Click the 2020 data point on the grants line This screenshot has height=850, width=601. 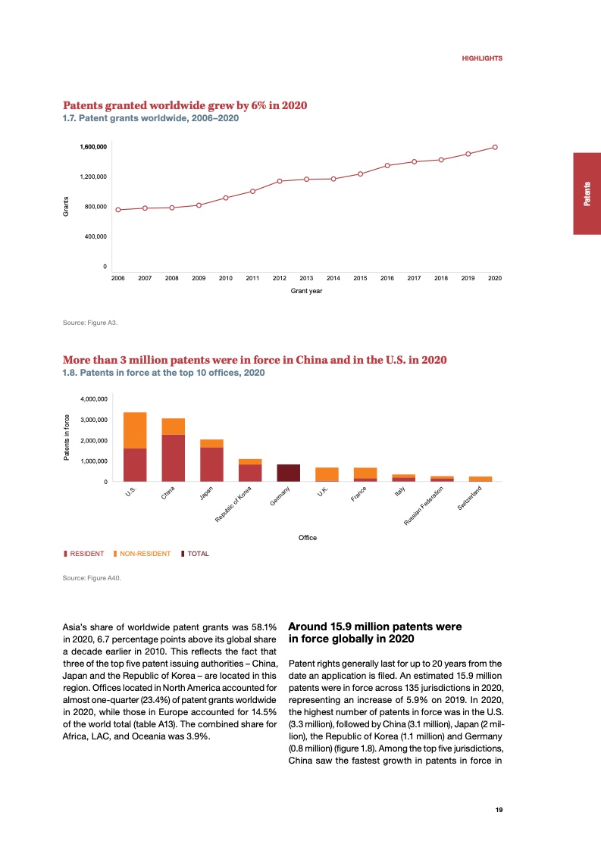click(x=495, y=147)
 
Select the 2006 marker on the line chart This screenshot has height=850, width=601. click(x=118, y=210)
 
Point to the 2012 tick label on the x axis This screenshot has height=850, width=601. click(x=279, y=279)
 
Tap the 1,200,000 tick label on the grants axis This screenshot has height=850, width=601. click(x=92, y=177)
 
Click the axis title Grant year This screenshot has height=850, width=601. click(x=306, y=291)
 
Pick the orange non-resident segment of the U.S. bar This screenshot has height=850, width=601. click(x=135, y=430)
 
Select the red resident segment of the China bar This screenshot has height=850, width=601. click(x=173, y=458)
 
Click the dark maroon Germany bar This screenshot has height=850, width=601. click(x=288, y=473)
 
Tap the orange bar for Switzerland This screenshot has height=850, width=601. click(x=480, y=479)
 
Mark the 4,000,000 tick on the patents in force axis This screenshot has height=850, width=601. click(x=93, y=398)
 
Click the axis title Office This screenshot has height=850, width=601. click(x=307, y=538)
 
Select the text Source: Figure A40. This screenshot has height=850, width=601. click(x=92, y=578)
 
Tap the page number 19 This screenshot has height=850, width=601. click(x=499, y=809)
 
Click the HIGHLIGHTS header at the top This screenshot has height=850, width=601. click(x=482, y=58)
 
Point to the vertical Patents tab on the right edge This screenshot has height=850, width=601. click(x=587, y=194)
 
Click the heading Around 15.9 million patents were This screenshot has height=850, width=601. click(x=375, y=627)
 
